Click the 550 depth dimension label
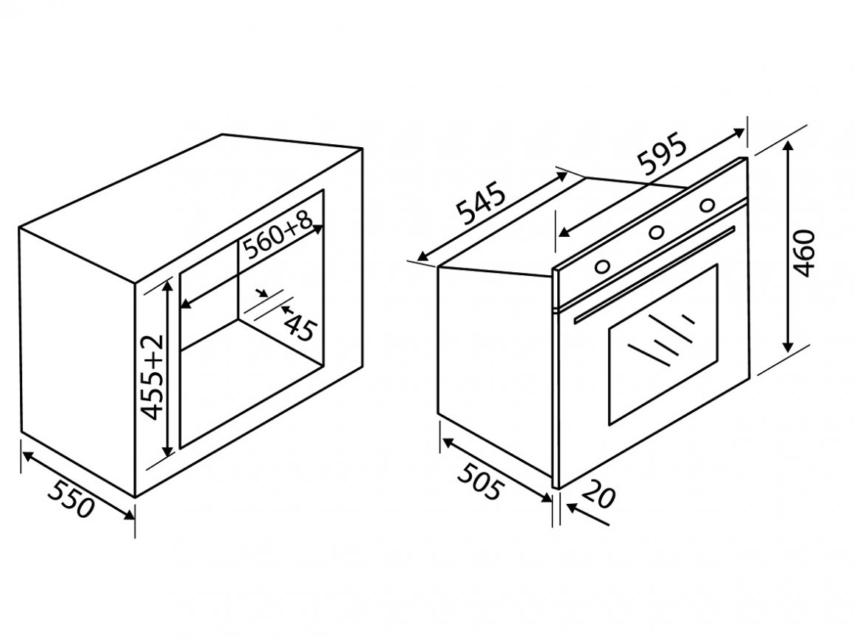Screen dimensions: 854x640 pos(71,499)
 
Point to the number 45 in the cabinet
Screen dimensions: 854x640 pos(300,328)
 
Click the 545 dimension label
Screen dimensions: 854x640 pos(481,205)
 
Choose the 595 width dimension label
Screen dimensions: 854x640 pos(663,156)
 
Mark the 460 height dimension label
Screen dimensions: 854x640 pos(805,253)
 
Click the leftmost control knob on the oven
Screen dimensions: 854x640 pos(601,266)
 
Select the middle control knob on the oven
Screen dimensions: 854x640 pos(656,233)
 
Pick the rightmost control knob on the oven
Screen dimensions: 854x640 pos(707,205)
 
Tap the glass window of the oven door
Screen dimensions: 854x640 pos(663,344)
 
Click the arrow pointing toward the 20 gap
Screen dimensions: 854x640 pos(587,514)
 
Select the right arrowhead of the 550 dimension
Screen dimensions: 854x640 pos(129,513)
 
